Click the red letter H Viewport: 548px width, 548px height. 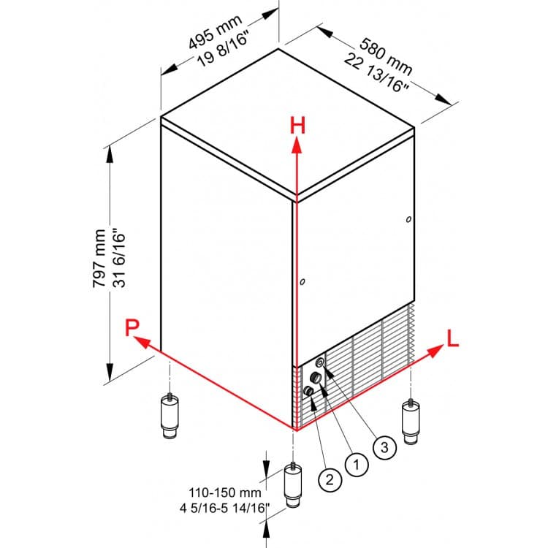[x=297, y=126]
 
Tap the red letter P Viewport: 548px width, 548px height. [x=132, y=327]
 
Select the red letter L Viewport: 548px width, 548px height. [x=452, y=338]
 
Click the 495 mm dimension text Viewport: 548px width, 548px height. [x=215, y=32]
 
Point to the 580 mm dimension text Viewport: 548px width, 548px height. [x=386, y=56]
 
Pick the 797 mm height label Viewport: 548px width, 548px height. [x=99, y=258]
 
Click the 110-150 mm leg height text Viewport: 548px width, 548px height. [x=225, y=492]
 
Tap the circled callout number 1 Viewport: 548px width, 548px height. [x=357, y=465]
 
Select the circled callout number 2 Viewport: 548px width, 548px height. [x=330, y=480]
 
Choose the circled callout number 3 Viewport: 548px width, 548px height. [x=384, y=447]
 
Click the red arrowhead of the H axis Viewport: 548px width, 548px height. [x=297, y=145]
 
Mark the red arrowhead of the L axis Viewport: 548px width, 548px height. [x=435, y=350]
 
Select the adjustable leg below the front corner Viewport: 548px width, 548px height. [x=293, y=485]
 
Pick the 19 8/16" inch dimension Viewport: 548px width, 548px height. [x=223, y=50]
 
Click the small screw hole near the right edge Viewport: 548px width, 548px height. [x=408, y=219]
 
